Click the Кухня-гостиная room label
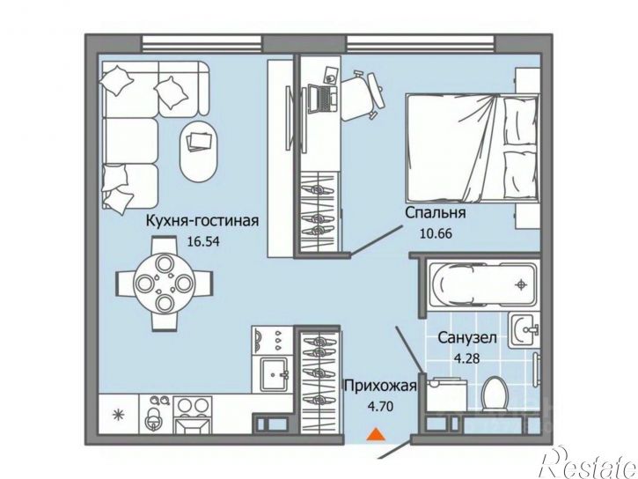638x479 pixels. tap(202, 221)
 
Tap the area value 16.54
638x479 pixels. tap(203, 242)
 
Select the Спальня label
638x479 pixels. tap(436, 212)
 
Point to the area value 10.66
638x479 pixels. tap(436, 234)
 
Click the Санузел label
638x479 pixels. tap(467, 338)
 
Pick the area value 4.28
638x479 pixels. tap(466, 358)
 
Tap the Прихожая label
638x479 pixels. tap(380, 385)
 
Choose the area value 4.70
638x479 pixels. tap(380, 406)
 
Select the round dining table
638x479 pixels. tap(164, 282)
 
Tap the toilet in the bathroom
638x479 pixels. tap(494, 393)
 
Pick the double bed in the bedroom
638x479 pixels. tap(473, 147)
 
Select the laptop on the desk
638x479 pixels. tap(322, 99)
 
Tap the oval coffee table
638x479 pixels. tap(199, 151)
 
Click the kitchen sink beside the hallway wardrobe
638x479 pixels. tap(275, 373)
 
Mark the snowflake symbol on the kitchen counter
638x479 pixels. tap(119, 415)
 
